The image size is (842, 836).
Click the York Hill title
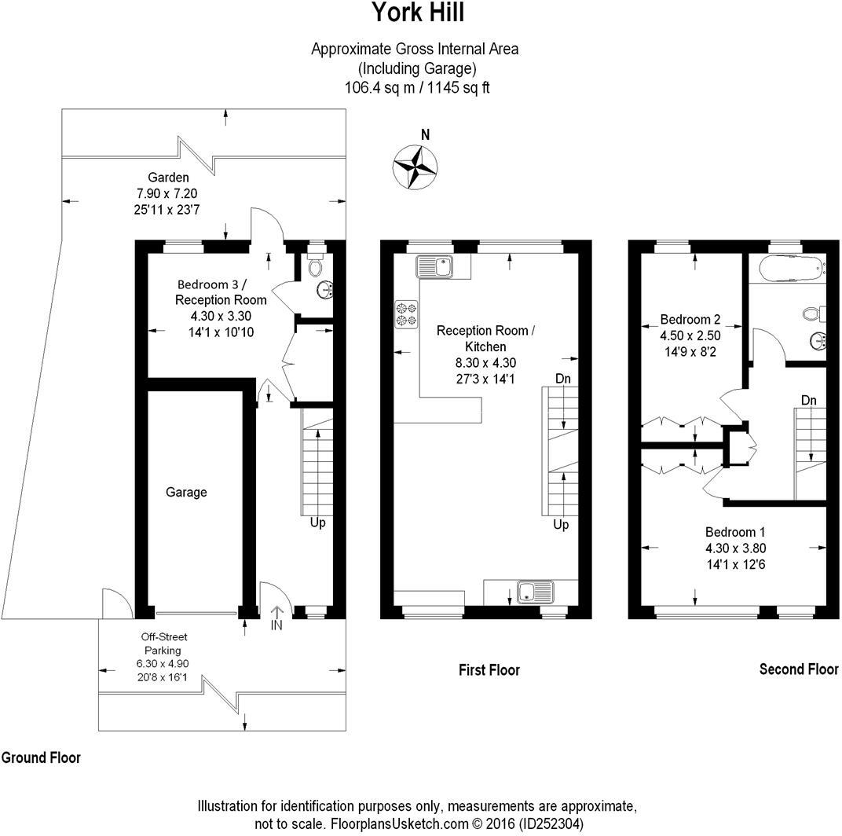coord(417,13)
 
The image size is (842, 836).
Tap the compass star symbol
coord(414,167)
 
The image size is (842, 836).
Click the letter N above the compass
coord(425,134)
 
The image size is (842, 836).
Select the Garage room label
coord(186,493)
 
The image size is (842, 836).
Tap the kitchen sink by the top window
coord(434,266)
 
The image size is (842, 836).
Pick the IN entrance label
coord(276,625)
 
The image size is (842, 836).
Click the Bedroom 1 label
coord(732,530)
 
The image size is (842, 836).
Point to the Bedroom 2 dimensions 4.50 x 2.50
coord(690,336)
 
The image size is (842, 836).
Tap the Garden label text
coord(168,178)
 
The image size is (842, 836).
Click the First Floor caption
coord(489,670)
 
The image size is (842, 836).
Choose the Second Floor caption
coord(798,669)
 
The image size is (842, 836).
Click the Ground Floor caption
coord(41,758)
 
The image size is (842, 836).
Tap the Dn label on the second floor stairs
coord(809,400)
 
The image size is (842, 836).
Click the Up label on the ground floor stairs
coord(317,522)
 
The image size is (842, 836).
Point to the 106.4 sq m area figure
coord(374,87)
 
